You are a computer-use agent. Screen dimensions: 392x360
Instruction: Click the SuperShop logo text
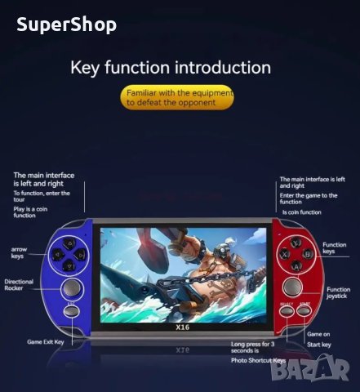tap(66, 24)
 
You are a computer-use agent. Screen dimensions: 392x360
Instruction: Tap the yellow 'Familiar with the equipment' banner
tap(178, 97)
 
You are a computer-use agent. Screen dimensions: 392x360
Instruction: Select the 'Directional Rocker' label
tap(20, 284)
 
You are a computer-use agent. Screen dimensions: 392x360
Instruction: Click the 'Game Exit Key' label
tap(46, 341)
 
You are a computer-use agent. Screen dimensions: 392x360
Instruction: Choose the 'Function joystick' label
tap(338, 293)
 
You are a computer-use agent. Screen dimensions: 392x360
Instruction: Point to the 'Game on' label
tap(318, 334)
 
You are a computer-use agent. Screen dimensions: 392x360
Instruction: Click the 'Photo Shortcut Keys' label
tap(257, 360)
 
